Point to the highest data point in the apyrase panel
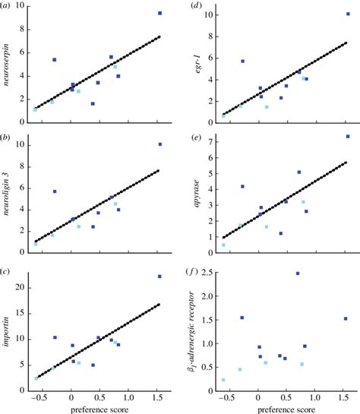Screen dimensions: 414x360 coord(348,137)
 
